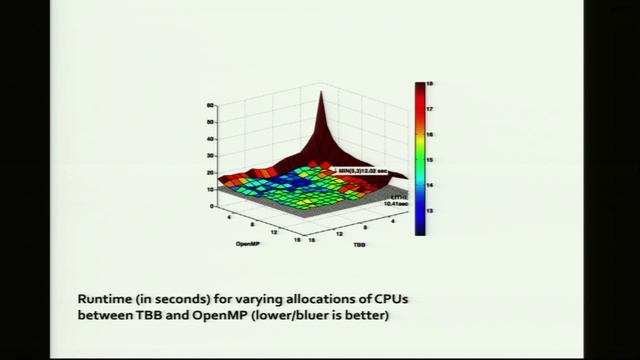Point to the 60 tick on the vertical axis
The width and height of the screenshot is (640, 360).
(x=211, y=105)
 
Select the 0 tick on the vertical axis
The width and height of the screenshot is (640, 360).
(x=211, y=206)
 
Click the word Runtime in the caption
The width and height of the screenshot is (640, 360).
(x=105, y=299)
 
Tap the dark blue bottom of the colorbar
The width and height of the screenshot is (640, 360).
(x=420, y=229)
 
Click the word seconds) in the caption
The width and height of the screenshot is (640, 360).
(x=176, y=299)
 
